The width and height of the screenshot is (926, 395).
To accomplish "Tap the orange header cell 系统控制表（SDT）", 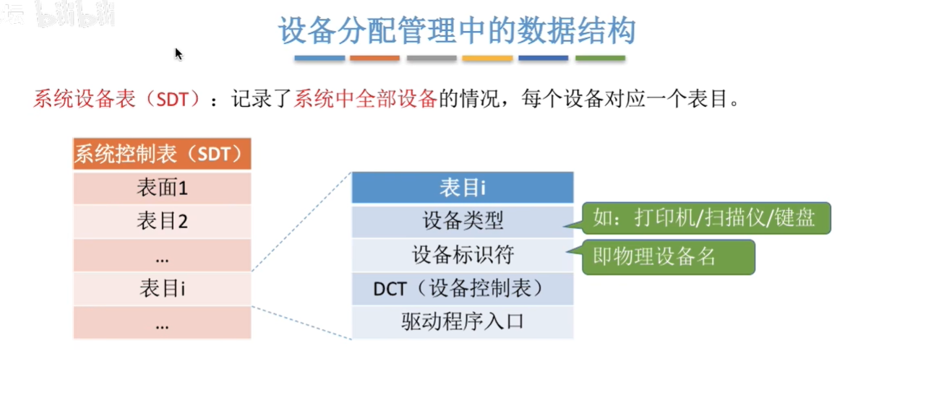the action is pos(162,154).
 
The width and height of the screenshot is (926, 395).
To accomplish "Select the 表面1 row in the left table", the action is pos(162,188).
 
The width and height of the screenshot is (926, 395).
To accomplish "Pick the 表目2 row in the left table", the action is pos(162,221).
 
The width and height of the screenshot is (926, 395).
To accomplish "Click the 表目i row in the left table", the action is pos(162,289).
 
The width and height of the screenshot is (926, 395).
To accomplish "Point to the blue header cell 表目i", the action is pos(462,188).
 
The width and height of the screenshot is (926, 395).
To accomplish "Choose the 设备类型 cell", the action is pos(462,221).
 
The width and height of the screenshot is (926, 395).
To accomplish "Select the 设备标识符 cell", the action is pos(462,255).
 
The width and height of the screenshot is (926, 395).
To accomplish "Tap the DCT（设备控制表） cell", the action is pos(462,289).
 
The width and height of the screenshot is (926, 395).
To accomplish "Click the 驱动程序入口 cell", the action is pos(462,322).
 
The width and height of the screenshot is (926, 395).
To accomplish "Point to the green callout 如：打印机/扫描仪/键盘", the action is pos(706,218).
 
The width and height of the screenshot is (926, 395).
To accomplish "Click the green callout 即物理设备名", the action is pos(668,257).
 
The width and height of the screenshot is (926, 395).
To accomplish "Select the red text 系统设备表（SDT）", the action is pos(116,99).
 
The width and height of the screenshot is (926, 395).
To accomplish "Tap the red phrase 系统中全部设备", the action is pos(365,99).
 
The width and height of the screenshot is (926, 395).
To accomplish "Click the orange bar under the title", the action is pos(374,58).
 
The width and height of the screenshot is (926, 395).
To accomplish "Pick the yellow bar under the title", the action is pos(487,58).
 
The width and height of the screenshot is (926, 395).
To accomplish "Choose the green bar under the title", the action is pos(600,58).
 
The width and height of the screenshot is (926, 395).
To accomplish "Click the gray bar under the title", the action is pos(431,58).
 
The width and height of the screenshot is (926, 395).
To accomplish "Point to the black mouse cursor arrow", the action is pos(178,53).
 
